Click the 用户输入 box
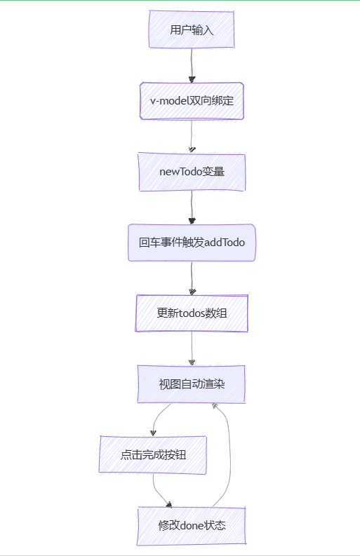192,29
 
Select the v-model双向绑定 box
192,101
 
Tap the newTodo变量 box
192,172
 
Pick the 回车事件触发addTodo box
192,243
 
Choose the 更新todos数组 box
192,313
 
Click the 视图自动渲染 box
192,384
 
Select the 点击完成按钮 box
153,455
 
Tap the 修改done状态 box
192,526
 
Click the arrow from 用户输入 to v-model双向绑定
192,65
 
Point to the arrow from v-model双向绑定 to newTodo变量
192,136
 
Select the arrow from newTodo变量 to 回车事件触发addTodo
192,208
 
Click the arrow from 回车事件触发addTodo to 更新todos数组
192,278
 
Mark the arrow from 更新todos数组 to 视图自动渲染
192,349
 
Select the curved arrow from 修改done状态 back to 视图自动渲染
230,457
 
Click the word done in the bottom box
192,526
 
